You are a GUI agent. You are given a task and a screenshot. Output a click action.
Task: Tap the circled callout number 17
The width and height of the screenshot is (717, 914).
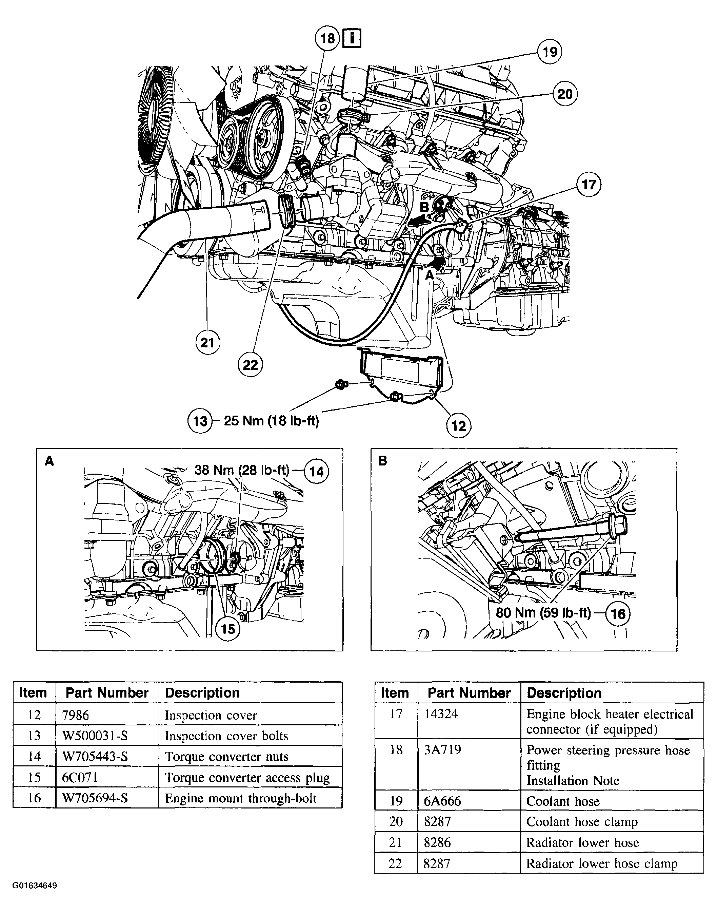coord(589,185)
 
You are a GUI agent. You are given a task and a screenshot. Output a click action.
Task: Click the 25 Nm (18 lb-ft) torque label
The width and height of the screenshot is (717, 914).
coord(271,420)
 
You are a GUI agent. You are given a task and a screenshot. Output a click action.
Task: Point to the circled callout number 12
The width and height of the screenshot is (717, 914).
coord(458,426)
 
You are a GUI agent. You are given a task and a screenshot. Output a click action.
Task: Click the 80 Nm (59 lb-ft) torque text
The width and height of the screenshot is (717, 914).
coord(543,613)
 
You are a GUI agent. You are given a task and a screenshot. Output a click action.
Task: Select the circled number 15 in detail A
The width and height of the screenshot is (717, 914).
coord(227,629)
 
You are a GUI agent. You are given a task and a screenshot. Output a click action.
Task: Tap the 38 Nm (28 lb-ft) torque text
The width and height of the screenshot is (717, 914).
coord(242,470)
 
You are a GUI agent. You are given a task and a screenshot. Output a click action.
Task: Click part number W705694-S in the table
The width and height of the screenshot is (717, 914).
coord(95,798)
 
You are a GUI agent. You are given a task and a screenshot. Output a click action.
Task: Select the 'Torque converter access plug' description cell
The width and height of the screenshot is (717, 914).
coord(247,778)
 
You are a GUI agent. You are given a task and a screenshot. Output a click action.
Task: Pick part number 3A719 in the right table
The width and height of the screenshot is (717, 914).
coord(442,750)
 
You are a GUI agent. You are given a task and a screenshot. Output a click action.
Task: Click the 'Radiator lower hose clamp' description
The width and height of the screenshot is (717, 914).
coord(601,863)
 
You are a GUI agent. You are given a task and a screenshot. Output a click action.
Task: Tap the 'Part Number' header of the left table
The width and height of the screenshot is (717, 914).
coord(107,693)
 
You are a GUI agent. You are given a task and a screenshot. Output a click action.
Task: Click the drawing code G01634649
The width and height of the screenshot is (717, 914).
coord(35,886)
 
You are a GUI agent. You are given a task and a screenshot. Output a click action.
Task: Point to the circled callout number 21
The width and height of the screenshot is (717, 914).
coord(208,343)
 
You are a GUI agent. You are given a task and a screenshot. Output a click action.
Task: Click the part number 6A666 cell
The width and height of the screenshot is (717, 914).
coord(442,801)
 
